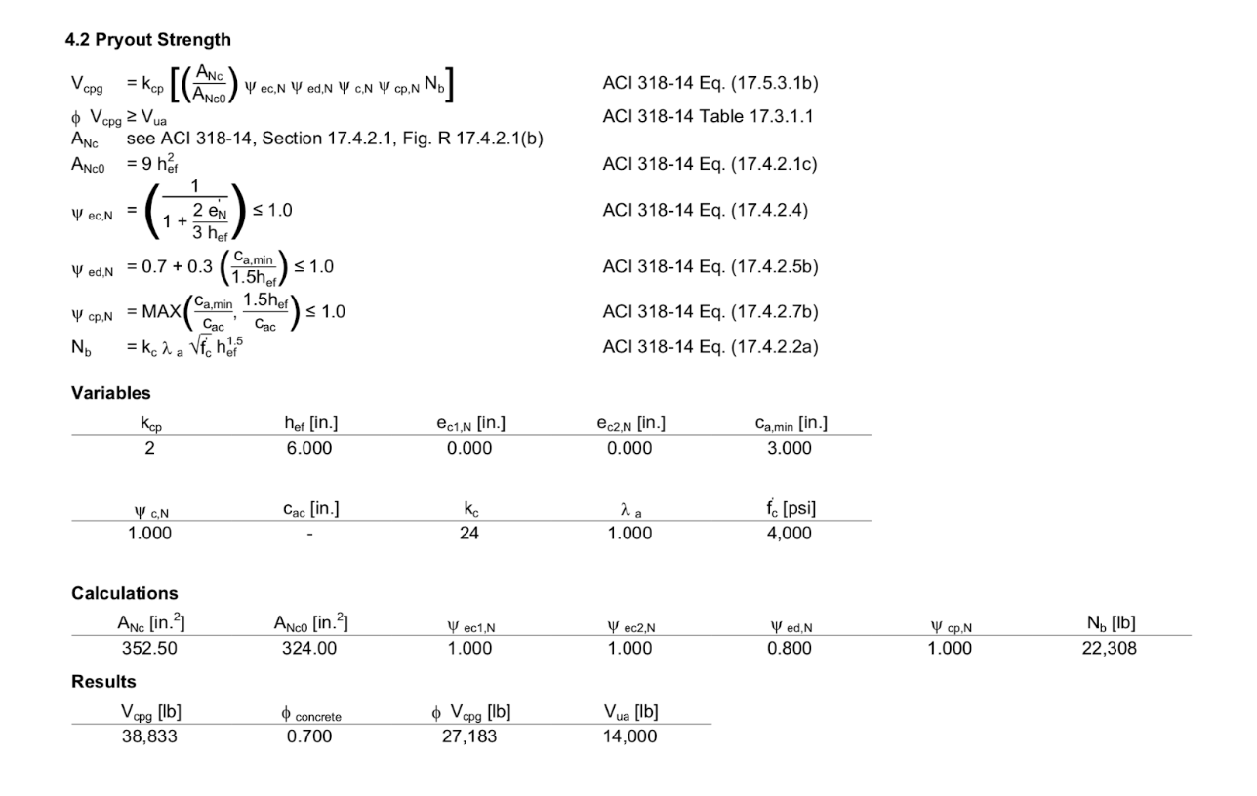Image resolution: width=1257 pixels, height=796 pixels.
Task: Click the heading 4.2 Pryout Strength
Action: click(x=148, y=40)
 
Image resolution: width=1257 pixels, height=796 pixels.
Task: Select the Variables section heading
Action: click(x=111, y=393)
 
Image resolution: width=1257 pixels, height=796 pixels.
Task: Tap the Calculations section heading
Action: click(x=125, y=593)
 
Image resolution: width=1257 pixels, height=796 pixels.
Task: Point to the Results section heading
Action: click(x=103, y=682)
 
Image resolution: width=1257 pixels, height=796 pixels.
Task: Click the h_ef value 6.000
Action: click(x=309, y=448)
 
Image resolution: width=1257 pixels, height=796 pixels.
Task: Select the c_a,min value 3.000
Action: click(x=790, y=448)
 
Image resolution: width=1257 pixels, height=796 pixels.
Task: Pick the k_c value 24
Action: click(x=469, y=533)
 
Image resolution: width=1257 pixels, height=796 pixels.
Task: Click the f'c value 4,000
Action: click(x=790, y=533)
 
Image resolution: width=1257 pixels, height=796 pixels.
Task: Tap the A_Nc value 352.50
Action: click(x=149, y=649)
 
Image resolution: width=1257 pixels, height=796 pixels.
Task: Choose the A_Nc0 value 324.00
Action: click(x=309, y=649)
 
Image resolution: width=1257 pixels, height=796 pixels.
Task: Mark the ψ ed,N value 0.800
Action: click(x=790, y=649)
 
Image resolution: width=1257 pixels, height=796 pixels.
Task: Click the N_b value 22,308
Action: click(x=1110, y=649)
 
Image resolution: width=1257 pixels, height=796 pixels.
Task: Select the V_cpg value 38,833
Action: click(x=149, y=736)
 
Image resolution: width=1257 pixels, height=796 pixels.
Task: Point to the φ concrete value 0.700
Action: click(x=309, y=736)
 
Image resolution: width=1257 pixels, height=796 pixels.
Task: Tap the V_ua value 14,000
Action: click(x=629, y=736)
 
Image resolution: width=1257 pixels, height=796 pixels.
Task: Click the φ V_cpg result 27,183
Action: click(x=469, y=736)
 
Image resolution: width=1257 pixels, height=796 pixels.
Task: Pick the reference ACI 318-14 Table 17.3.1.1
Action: click(x=708, y=117)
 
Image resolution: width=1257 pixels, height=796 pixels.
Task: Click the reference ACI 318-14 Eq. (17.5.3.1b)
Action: click(x=710, y=83)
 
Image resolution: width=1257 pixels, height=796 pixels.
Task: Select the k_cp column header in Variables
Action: click(x=151, y=424)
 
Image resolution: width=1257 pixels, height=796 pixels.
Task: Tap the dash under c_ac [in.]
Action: click(x=309, y=534)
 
